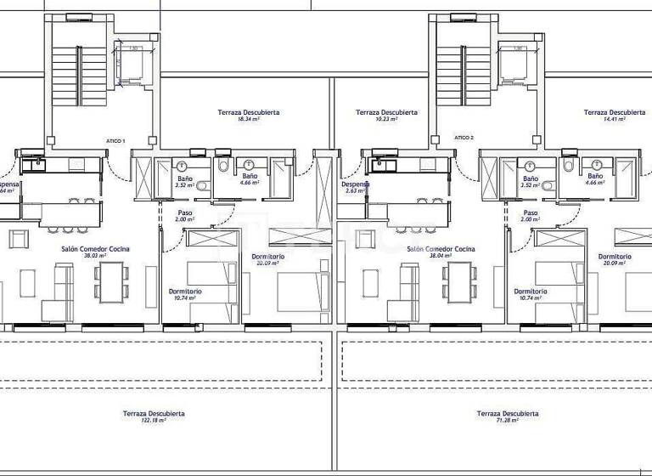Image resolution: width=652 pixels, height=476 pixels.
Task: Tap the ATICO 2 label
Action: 464,137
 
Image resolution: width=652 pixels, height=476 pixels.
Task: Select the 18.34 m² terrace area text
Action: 248,120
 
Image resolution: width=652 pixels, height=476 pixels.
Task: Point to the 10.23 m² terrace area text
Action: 386,120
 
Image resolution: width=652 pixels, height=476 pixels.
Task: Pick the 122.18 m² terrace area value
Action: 154,420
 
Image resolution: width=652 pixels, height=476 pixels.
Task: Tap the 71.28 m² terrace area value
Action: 508,420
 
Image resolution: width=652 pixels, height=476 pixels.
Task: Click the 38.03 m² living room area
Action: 95,256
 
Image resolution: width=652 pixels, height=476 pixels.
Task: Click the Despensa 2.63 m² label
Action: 355,188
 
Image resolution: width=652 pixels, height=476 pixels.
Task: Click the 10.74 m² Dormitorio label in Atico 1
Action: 184,295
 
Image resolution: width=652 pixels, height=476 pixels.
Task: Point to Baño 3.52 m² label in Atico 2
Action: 531,182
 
